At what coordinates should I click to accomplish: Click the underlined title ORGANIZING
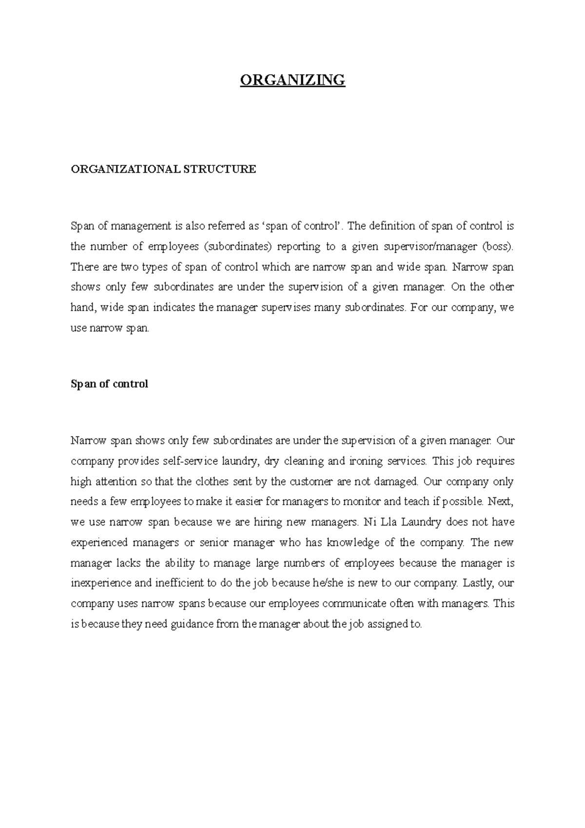tap(292, 79)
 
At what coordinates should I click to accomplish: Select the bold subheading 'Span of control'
tap(109, 384)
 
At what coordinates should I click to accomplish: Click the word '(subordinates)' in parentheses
tap(237, 247)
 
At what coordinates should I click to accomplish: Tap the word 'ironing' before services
tap(362, 461)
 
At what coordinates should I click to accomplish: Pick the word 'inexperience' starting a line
tap(101, 583)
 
